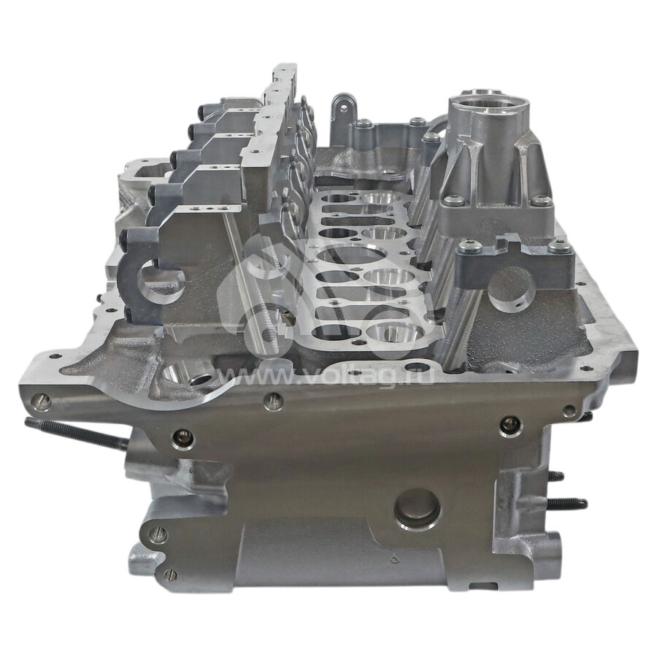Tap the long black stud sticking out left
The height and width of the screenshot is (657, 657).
click(x=76, y=434)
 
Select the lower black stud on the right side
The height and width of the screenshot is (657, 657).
click(x=567, y=503)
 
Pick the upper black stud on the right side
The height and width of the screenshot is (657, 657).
click(x=555, y=476)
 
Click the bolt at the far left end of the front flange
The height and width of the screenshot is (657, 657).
click(x=42, y=401)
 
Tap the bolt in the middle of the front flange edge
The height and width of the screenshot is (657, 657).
click(x=273, y=401)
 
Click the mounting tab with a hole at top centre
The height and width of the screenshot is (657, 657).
click(x=344, y=109)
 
